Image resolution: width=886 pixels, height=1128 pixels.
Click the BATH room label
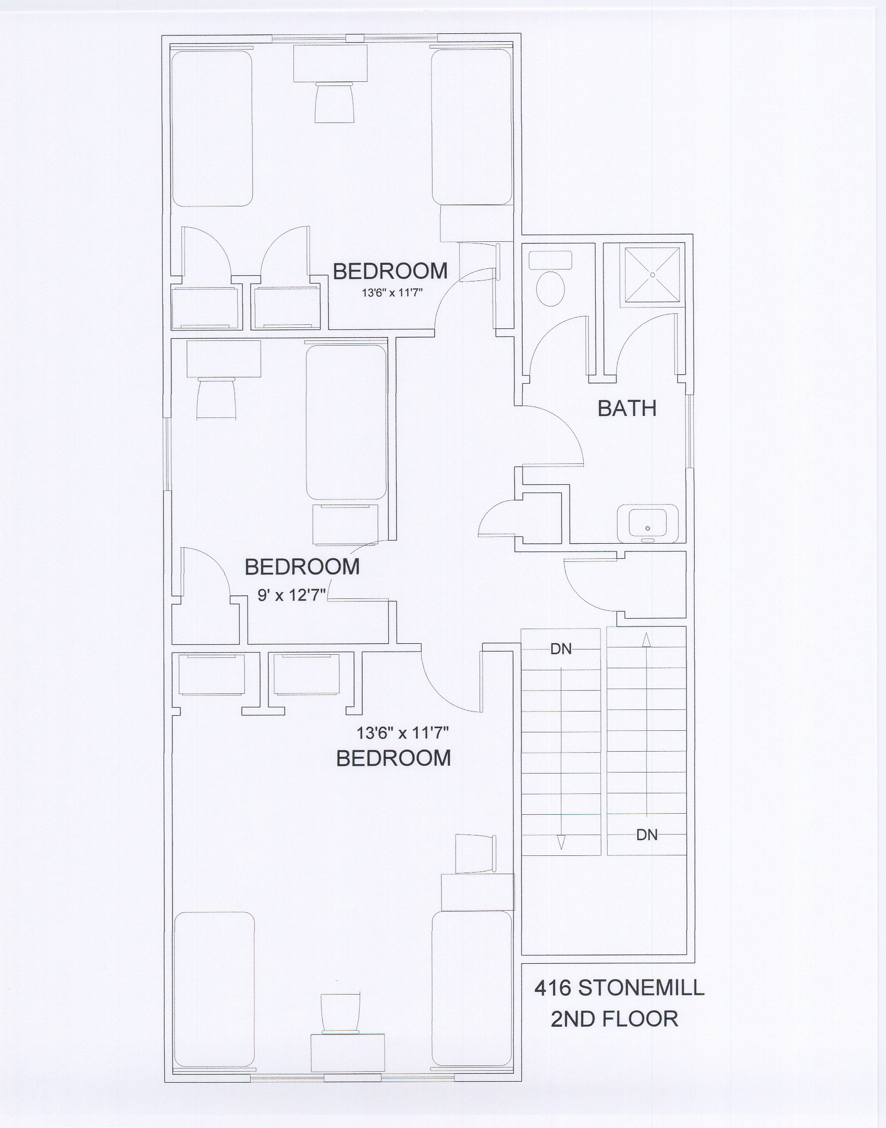coord(626,409)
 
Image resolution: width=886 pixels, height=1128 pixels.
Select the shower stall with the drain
coord(653,274)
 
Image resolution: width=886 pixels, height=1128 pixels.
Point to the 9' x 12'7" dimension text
coord(292,595)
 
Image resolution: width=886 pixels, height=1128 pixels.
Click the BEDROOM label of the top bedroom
coord(390,272)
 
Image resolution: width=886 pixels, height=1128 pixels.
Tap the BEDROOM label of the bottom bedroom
coord(393,758)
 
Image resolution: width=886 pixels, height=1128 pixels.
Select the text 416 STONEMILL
coord(619,988)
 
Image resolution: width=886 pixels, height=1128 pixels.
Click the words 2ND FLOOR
coord(614,1019)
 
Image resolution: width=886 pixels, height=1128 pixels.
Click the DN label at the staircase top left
coord(561,649)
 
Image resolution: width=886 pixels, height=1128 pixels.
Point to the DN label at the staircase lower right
coord(647,835)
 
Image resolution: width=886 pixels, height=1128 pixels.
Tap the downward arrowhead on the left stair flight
coord(561,842)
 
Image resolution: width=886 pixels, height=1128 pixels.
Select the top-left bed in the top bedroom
coord(212,128)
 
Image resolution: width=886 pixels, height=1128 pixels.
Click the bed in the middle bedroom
coord(346,422)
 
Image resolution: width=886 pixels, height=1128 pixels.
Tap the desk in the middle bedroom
coord(224,359)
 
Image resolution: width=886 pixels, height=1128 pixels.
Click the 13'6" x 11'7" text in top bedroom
coord(391,293)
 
